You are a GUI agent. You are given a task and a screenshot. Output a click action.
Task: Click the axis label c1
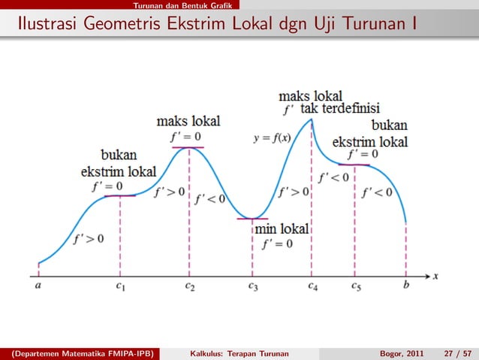pyautogui.click(x=120, y=286)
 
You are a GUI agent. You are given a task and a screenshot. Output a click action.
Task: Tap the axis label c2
pyautogui.click(x=190, y=286)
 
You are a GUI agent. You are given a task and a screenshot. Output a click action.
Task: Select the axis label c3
pyautogui.click(x=253, y=286)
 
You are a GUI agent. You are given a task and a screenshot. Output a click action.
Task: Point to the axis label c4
pyautogui.click(x=312, y=286)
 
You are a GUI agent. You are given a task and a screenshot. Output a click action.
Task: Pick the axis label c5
pyautogui.click(x=356, y=286)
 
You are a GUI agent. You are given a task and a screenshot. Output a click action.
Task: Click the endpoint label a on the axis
pyautogui.click(x=38, y=286)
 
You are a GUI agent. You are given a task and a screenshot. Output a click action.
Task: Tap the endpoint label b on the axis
pyautogui.click(x=406, y=286)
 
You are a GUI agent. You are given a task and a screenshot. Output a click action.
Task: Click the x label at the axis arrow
pyautogui.click(x=435, y=276)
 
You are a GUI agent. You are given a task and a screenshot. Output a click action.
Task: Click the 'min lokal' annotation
pyautogui.click(x=282, y=228)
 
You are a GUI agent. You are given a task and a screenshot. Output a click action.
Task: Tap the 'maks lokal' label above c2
pyautogui.click(x=188, y=120)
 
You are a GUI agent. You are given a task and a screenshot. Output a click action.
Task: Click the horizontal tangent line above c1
pyautogui.click(x=120, y=195)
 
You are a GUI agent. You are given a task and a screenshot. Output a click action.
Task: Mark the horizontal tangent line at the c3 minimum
pyautogui.click(x=252, y=219)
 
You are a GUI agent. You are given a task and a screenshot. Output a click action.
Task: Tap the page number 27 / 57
pyautogui.click(x=456, y=352)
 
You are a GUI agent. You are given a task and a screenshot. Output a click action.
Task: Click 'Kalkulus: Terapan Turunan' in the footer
pyautogui.click(x=240, y=352)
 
